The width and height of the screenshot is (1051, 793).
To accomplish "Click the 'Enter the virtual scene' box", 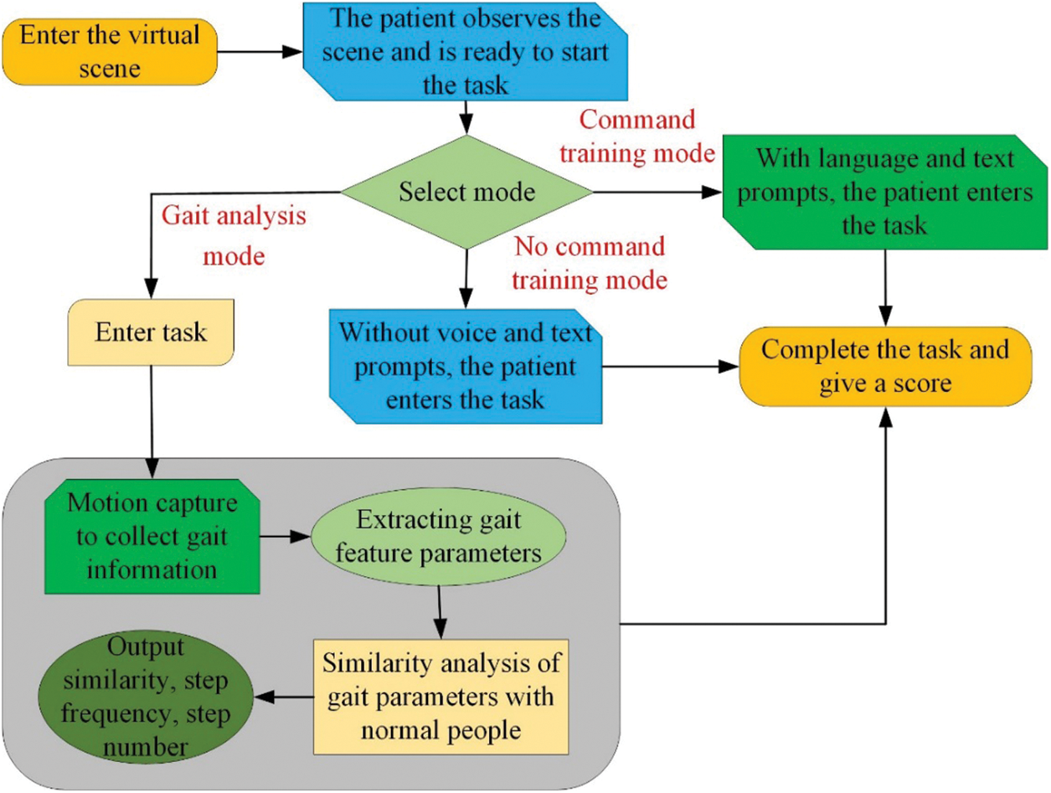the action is (x=110, y=52).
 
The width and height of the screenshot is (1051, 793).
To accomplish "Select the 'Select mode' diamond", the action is (x=466, y=192).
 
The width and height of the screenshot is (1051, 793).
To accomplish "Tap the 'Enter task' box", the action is (x=151, y=332).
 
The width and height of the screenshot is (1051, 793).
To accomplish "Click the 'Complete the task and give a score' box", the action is (x=885, y=367).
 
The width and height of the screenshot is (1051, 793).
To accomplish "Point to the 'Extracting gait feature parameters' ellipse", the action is (x=439, y=537).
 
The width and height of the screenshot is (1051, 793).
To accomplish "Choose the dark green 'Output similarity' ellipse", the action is (x=146, y=697).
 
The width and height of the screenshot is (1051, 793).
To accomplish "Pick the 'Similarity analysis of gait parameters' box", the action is (x=441, y=697).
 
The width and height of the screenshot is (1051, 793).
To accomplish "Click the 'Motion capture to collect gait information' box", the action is (x=152, y=537).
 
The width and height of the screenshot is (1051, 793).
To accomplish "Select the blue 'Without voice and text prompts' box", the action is (x=466, y=366).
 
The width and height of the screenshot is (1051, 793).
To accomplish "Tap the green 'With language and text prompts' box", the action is (x=885, y=192).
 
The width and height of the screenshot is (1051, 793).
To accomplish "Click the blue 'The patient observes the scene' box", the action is (x=466, y=51).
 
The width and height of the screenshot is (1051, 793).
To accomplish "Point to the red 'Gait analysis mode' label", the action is (x=234, y=235).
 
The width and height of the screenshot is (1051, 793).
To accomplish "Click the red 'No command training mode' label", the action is (x=590, y=263).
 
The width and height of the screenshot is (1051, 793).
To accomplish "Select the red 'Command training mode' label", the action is (x=637, y=136).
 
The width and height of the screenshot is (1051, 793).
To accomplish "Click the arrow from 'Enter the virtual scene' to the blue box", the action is (x=260, y=52).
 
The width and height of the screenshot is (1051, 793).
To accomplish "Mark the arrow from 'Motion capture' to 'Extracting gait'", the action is (x=286, y=537).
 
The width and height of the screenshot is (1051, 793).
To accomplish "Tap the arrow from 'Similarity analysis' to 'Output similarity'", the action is (x=283, y=697).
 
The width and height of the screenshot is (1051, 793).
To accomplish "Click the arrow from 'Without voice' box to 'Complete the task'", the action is (x=671, y=367).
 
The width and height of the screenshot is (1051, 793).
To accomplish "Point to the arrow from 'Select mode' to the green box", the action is (x=658, y=193).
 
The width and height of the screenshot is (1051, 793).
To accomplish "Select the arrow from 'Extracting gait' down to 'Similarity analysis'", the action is (x=440, y=612).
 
